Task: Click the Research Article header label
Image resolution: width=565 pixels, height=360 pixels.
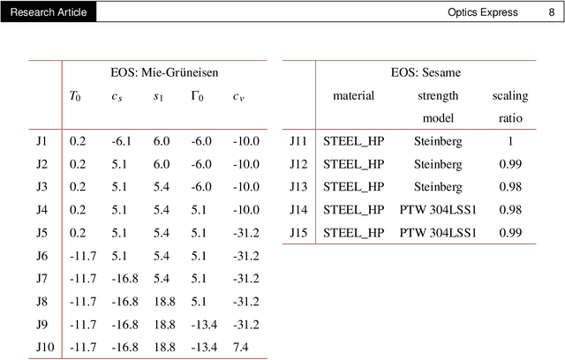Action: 49,12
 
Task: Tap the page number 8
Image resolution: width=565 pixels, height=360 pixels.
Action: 552,12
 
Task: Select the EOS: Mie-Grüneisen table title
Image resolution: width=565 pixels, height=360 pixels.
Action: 165,72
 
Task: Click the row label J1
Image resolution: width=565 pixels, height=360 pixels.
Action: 41,141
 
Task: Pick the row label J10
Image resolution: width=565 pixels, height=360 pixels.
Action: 45,348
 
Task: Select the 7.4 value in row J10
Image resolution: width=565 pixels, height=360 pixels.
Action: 241,348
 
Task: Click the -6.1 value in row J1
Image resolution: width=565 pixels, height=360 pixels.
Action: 121,141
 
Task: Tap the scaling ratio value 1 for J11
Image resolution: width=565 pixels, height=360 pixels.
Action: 509,141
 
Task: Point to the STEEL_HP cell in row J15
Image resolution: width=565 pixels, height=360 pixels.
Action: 354,233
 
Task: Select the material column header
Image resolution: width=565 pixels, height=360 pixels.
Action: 353,95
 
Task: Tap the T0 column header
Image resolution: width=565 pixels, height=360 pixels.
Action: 79,95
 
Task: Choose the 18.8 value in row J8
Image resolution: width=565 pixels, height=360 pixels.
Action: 162,302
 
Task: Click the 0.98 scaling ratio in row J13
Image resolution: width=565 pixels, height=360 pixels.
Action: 509,187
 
